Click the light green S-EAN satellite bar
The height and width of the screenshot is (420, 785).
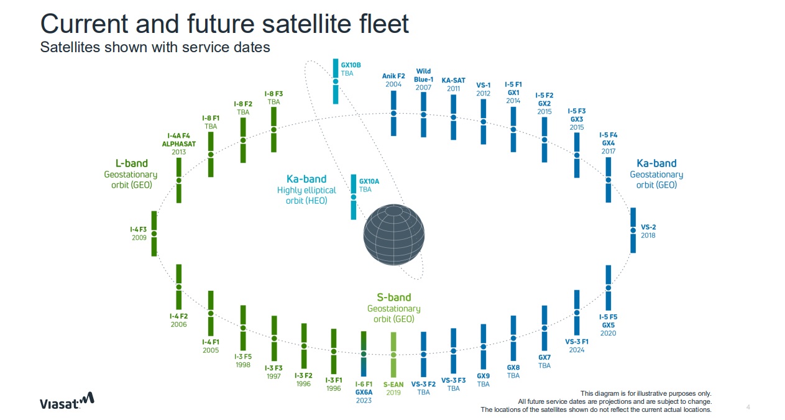tap(393, 354)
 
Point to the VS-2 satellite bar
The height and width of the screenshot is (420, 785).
tap(633, 230)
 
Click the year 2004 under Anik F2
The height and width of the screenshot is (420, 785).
tap(393, 84)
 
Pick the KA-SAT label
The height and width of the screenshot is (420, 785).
tap(453, 80)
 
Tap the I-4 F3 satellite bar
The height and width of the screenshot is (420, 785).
tap(154, 234)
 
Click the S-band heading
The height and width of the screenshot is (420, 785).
tap(393, 298)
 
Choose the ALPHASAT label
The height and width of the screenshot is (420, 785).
tap(178, 144)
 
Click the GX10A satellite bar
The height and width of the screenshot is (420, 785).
tap(354, 197)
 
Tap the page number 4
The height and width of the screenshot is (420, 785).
tap(748, 407)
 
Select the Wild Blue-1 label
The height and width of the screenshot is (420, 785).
tap(423, 75)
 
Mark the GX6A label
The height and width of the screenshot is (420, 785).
tap(364, 393)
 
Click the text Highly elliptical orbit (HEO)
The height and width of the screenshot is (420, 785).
tap(306, 195)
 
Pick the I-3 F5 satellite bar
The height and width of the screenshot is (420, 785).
tap(243, 327)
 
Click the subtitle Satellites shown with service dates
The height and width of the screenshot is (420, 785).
tap(155, 47)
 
